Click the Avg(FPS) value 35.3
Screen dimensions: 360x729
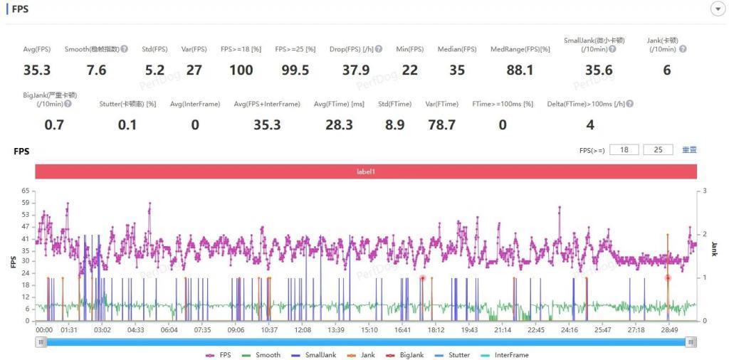click(x=37, y=70)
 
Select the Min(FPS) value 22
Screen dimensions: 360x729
click(x=409, y=70)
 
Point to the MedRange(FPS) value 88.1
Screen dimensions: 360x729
click(x=520, y=70)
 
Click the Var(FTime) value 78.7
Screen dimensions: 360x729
click(x=441, y=125)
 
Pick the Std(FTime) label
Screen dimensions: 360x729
click(x=394, y=104)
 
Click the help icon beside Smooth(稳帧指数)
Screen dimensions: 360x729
click(x=125, y=49)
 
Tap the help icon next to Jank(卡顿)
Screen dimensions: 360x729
click(x=683, y=49)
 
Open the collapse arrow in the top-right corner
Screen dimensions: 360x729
click(x=717, y=9)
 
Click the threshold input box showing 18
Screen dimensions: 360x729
click(x=624, y=150)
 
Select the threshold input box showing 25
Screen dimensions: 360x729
click(x=658, y=150)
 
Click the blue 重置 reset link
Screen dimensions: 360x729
click(x=689, y=150)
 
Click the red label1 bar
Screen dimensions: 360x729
click(x=365, y=171)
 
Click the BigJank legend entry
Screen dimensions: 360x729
click(x=407, y=354)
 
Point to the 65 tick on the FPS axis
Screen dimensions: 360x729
click(x=26, y=191)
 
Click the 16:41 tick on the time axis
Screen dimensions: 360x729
click(x=403, y=330)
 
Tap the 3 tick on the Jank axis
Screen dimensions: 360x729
click(x=704, y=191)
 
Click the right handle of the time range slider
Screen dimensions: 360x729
click(x=691, y=342)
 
